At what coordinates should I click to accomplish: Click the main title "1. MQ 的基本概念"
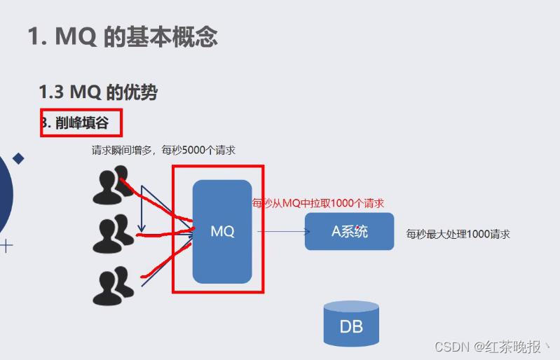(x=123, y=36)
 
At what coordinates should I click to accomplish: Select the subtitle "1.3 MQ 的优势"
(x=98, y=92)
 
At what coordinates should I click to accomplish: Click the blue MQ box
(x=222, y=231)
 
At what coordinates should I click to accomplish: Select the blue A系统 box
(x=349, y=231)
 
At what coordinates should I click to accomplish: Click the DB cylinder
(x=350, y=324)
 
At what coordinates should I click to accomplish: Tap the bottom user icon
(x=112, y=286)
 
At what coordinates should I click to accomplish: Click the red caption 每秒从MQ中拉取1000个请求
(x=319, y=203)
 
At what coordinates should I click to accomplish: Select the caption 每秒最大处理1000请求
(x=458, y=234)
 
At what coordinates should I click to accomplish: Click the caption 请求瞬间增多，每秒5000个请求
(x=163, y=150)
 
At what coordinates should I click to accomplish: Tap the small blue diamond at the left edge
(x=19, y=159)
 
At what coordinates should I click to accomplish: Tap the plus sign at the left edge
(x=6, y=245)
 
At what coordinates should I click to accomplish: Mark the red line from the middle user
(x=165, y=235)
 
